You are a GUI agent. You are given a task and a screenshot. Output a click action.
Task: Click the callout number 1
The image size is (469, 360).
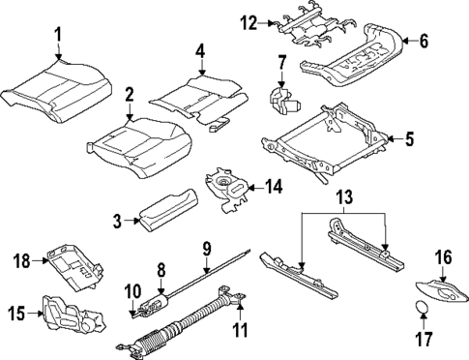(58, 35)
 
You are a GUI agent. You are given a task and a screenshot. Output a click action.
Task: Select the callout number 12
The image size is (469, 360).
(249, 23)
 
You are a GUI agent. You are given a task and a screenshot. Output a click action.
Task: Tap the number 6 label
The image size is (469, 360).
(424, 42)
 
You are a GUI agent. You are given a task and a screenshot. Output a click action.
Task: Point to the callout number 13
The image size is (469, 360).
(344, 196)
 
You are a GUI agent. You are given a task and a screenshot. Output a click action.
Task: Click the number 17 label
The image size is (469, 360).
(424, 339)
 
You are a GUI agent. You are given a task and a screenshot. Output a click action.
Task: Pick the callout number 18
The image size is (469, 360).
(21, 260)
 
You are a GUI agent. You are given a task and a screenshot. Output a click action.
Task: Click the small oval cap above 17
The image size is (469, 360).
(421, 307)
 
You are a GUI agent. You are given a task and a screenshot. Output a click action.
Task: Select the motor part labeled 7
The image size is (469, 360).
(284, 100)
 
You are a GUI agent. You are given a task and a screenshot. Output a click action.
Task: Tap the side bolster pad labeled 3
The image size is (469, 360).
(169, 209)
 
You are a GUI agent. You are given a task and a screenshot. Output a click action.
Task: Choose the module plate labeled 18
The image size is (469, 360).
(75, 267)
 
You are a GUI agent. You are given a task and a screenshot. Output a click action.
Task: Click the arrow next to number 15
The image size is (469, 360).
(35, 313)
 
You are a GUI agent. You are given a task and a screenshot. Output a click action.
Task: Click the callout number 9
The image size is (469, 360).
(207, 249)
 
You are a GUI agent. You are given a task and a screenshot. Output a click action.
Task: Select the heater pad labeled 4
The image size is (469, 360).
(200, 99)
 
